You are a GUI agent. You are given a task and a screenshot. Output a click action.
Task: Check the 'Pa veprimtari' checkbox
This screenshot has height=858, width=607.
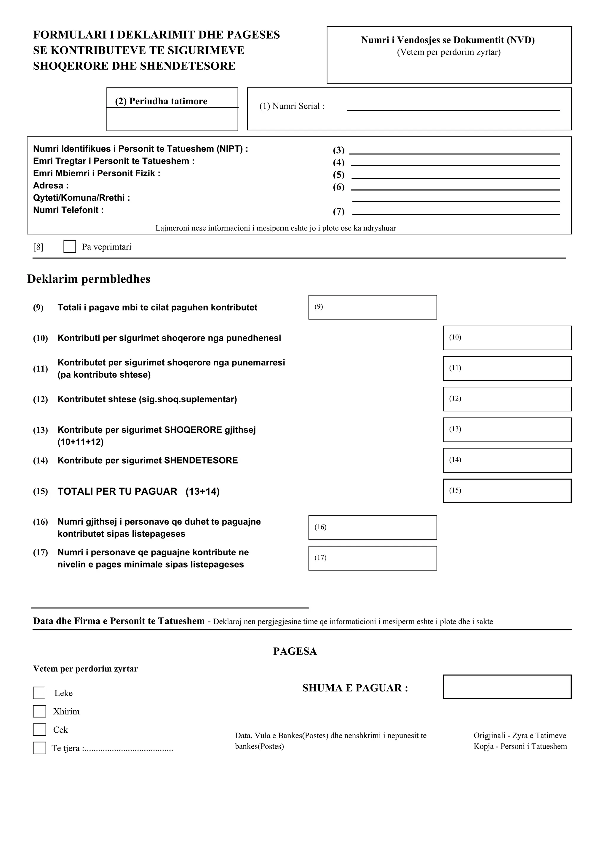(x=70, y=247)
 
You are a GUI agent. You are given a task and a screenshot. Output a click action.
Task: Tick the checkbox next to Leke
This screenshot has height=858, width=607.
(x=39, y=693)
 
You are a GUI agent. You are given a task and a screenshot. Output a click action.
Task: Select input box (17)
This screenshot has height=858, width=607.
(x=373, y=558)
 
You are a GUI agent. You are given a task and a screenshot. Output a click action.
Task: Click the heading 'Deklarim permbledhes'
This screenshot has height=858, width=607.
(x=89, y=279)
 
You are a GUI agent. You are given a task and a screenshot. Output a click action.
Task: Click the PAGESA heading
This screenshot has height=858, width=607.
(x=295, y=651)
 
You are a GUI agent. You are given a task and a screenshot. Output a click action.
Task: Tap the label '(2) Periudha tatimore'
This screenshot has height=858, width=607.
(x=161, y=101)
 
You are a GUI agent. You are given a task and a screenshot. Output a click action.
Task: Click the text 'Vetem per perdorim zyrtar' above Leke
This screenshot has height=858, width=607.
(x=85, y=669)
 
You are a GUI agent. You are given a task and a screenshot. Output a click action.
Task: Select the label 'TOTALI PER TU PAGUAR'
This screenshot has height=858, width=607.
(x=117, y=491)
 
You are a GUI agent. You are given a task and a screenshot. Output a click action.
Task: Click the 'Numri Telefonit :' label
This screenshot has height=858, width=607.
(x=68, y=210)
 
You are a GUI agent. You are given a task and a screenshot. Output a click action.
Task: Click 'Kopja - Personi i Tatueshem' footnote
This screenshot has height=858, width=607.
(x=520, y=746)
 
